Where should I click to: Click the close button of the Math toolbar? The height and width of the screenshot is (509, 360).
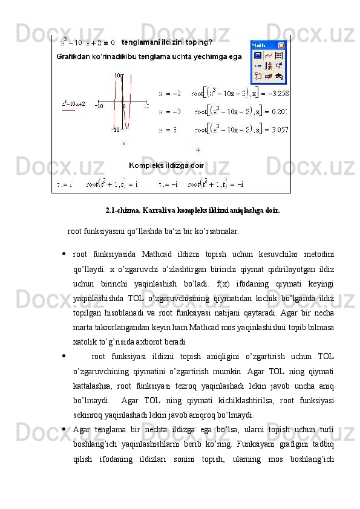point(281,45)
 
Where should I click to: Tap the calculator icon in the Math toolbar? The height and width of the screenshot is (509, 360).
point(257,55)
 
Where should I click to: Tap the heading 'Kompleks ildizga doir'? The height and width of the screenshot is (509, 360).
point(167,164)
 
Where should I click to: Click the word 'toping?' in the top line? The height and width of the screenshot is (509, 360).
point(197,42)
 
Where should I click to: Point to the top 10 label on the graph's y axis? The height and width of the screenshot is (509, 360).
point(119,76)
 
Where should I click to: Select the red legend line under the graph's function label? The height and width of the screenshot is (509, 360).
point(68,110)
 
